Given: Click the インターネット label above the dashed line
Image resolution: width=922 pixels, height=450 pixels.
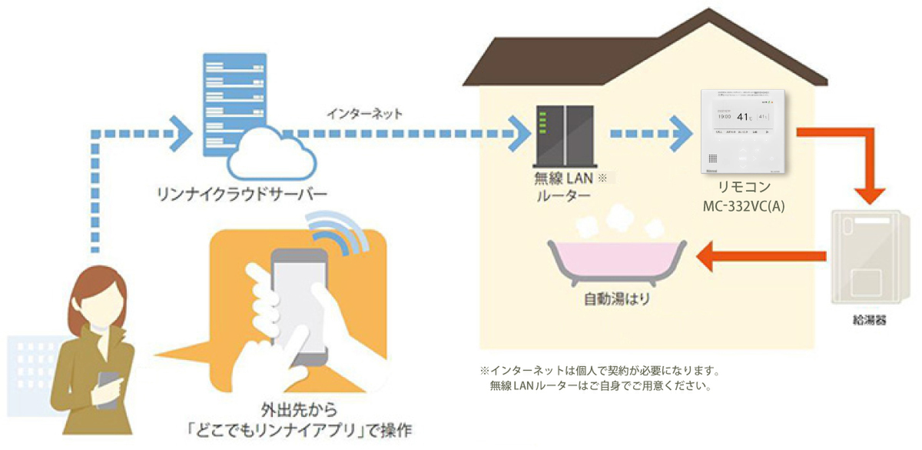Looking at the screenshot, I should (x=365, y=115).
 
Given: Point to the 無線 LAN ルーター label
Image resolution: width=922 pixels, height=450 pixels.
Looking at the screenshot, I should (x=563, y=188).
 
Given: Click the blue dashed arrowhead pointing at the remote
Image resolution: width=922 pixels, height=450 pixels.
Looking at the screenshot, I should (x=678, y=132).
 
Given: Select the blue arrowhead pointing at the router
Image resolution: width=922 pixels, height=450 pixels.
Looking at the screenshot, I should (x=521, y=132).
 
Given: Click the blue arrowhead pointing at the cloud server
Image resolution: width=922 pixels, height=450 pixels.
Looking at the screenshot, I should (x=181, y=132).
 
